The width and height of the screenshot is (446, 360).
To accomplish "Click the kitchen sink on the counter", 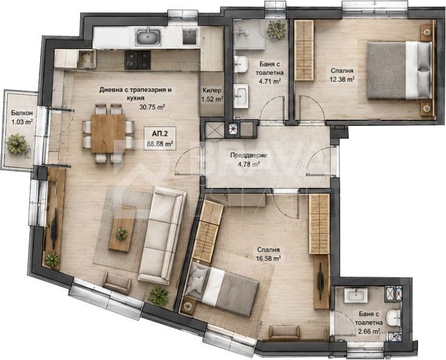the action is pyautogui.click(x=148, y=37).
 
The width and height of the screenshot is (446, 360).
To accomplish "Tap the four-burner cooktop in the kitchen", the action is pyautogui.click(x=138, y=60).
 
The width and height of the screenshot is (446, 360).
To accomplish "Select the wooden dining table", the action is pyautogui.click(x=108, y=133).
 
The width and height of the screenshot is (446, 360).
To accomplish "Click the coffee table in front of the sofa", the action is pyautogui.click(x=123, y=229).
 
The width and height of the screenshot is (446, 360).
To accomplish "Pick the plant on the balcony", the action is pyautogui.click(x=17, y=144).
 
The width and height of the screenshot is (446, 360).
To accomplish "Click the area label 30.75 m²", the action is pyautogui.click(x=153, y=107).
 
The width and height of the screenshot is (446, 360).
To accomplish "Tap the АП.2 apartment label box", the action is pyautogui.click(x=160, y=138).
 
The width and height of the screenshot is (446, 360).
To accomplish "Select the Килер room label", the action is pyautogui.click(x=211, y=91).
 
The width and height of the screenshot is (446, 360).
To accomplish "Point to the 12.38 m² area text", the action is pyautogui.click(x=342, y=80).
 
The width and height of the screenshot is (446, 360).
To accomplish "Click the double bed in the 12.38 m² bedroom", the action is pyautogui.click(x=399, y=71).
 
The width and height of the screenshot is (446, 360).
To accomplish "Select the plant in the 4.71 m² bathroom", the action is pyautogui.click(x=276, y=30).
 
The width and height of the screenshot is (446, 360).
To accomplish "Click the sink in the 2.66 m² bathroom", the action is pyautogui.click(x=356, y=295).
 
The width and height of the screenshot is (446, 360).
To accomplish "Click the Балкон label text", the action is pyautogui.click(x=20, y=113).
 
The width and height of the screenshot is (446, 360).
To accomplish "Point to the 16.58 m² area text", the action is pyautogui.click(x=269, y=258).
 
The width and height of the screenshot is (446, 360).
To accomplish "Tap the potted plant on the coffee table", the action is pyautogui.click(x=122, y=234).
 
